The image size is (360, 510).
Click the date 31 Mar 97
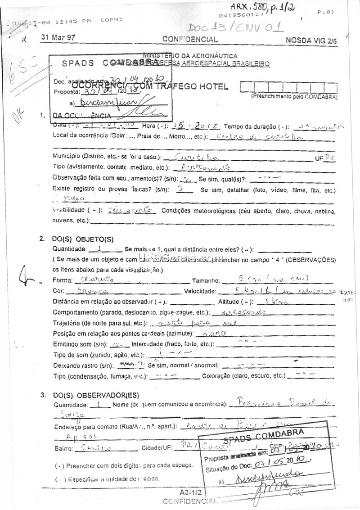click(58, 38)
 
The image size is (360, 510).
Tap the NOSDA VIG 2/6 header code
click(311, 40)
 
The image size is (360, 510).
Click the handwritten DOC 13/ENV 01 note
click(235, 27)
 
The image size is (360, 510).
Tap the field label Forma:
click(63, 280)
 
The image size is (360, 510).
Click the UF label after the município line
click(319, 158)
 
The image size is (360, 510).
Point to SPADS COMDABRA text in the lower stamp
click(264, 436)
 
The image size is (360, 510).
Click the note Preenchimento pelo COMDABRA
click(293, 96)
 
